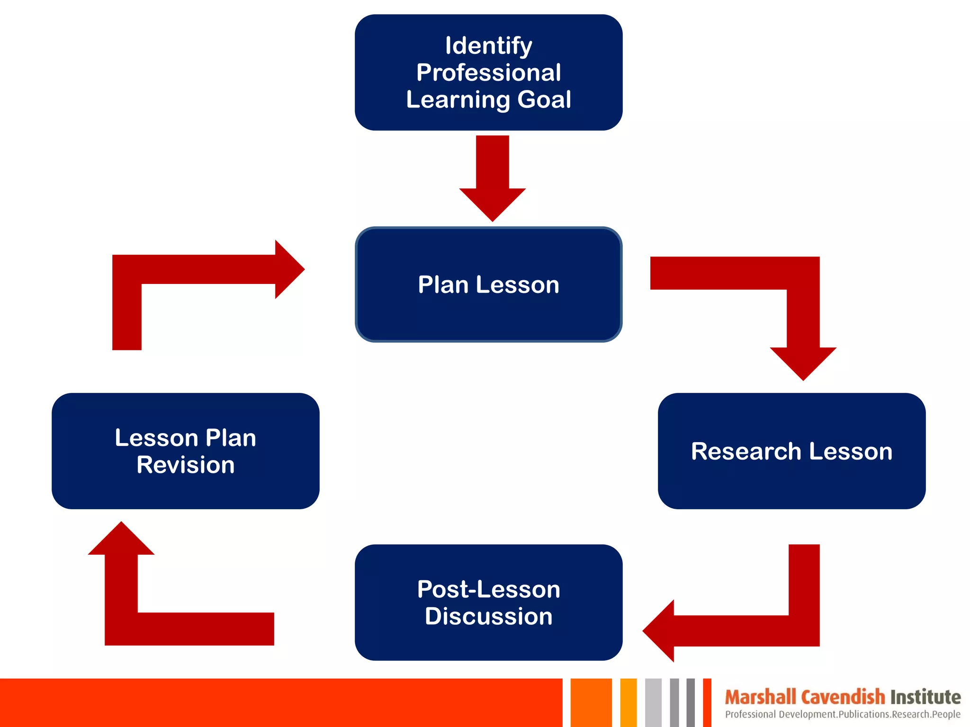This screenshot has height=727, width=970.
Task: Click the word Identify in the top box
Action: point(488,46)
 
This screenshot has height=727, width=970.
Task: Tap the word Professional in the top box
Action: point(488,73)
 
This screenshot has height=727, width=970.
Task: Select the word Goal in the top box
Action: point(544,100)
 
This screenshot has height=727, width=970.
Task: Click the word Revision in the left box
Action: point(185,465)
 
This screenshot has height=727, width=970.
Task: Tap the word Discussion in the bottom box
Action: point(488,616)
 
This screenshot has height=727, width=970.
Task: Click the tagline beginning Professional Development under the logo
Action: point(843,714)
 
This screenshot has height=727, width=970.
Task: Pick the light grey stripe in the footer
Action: point(653,702)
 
